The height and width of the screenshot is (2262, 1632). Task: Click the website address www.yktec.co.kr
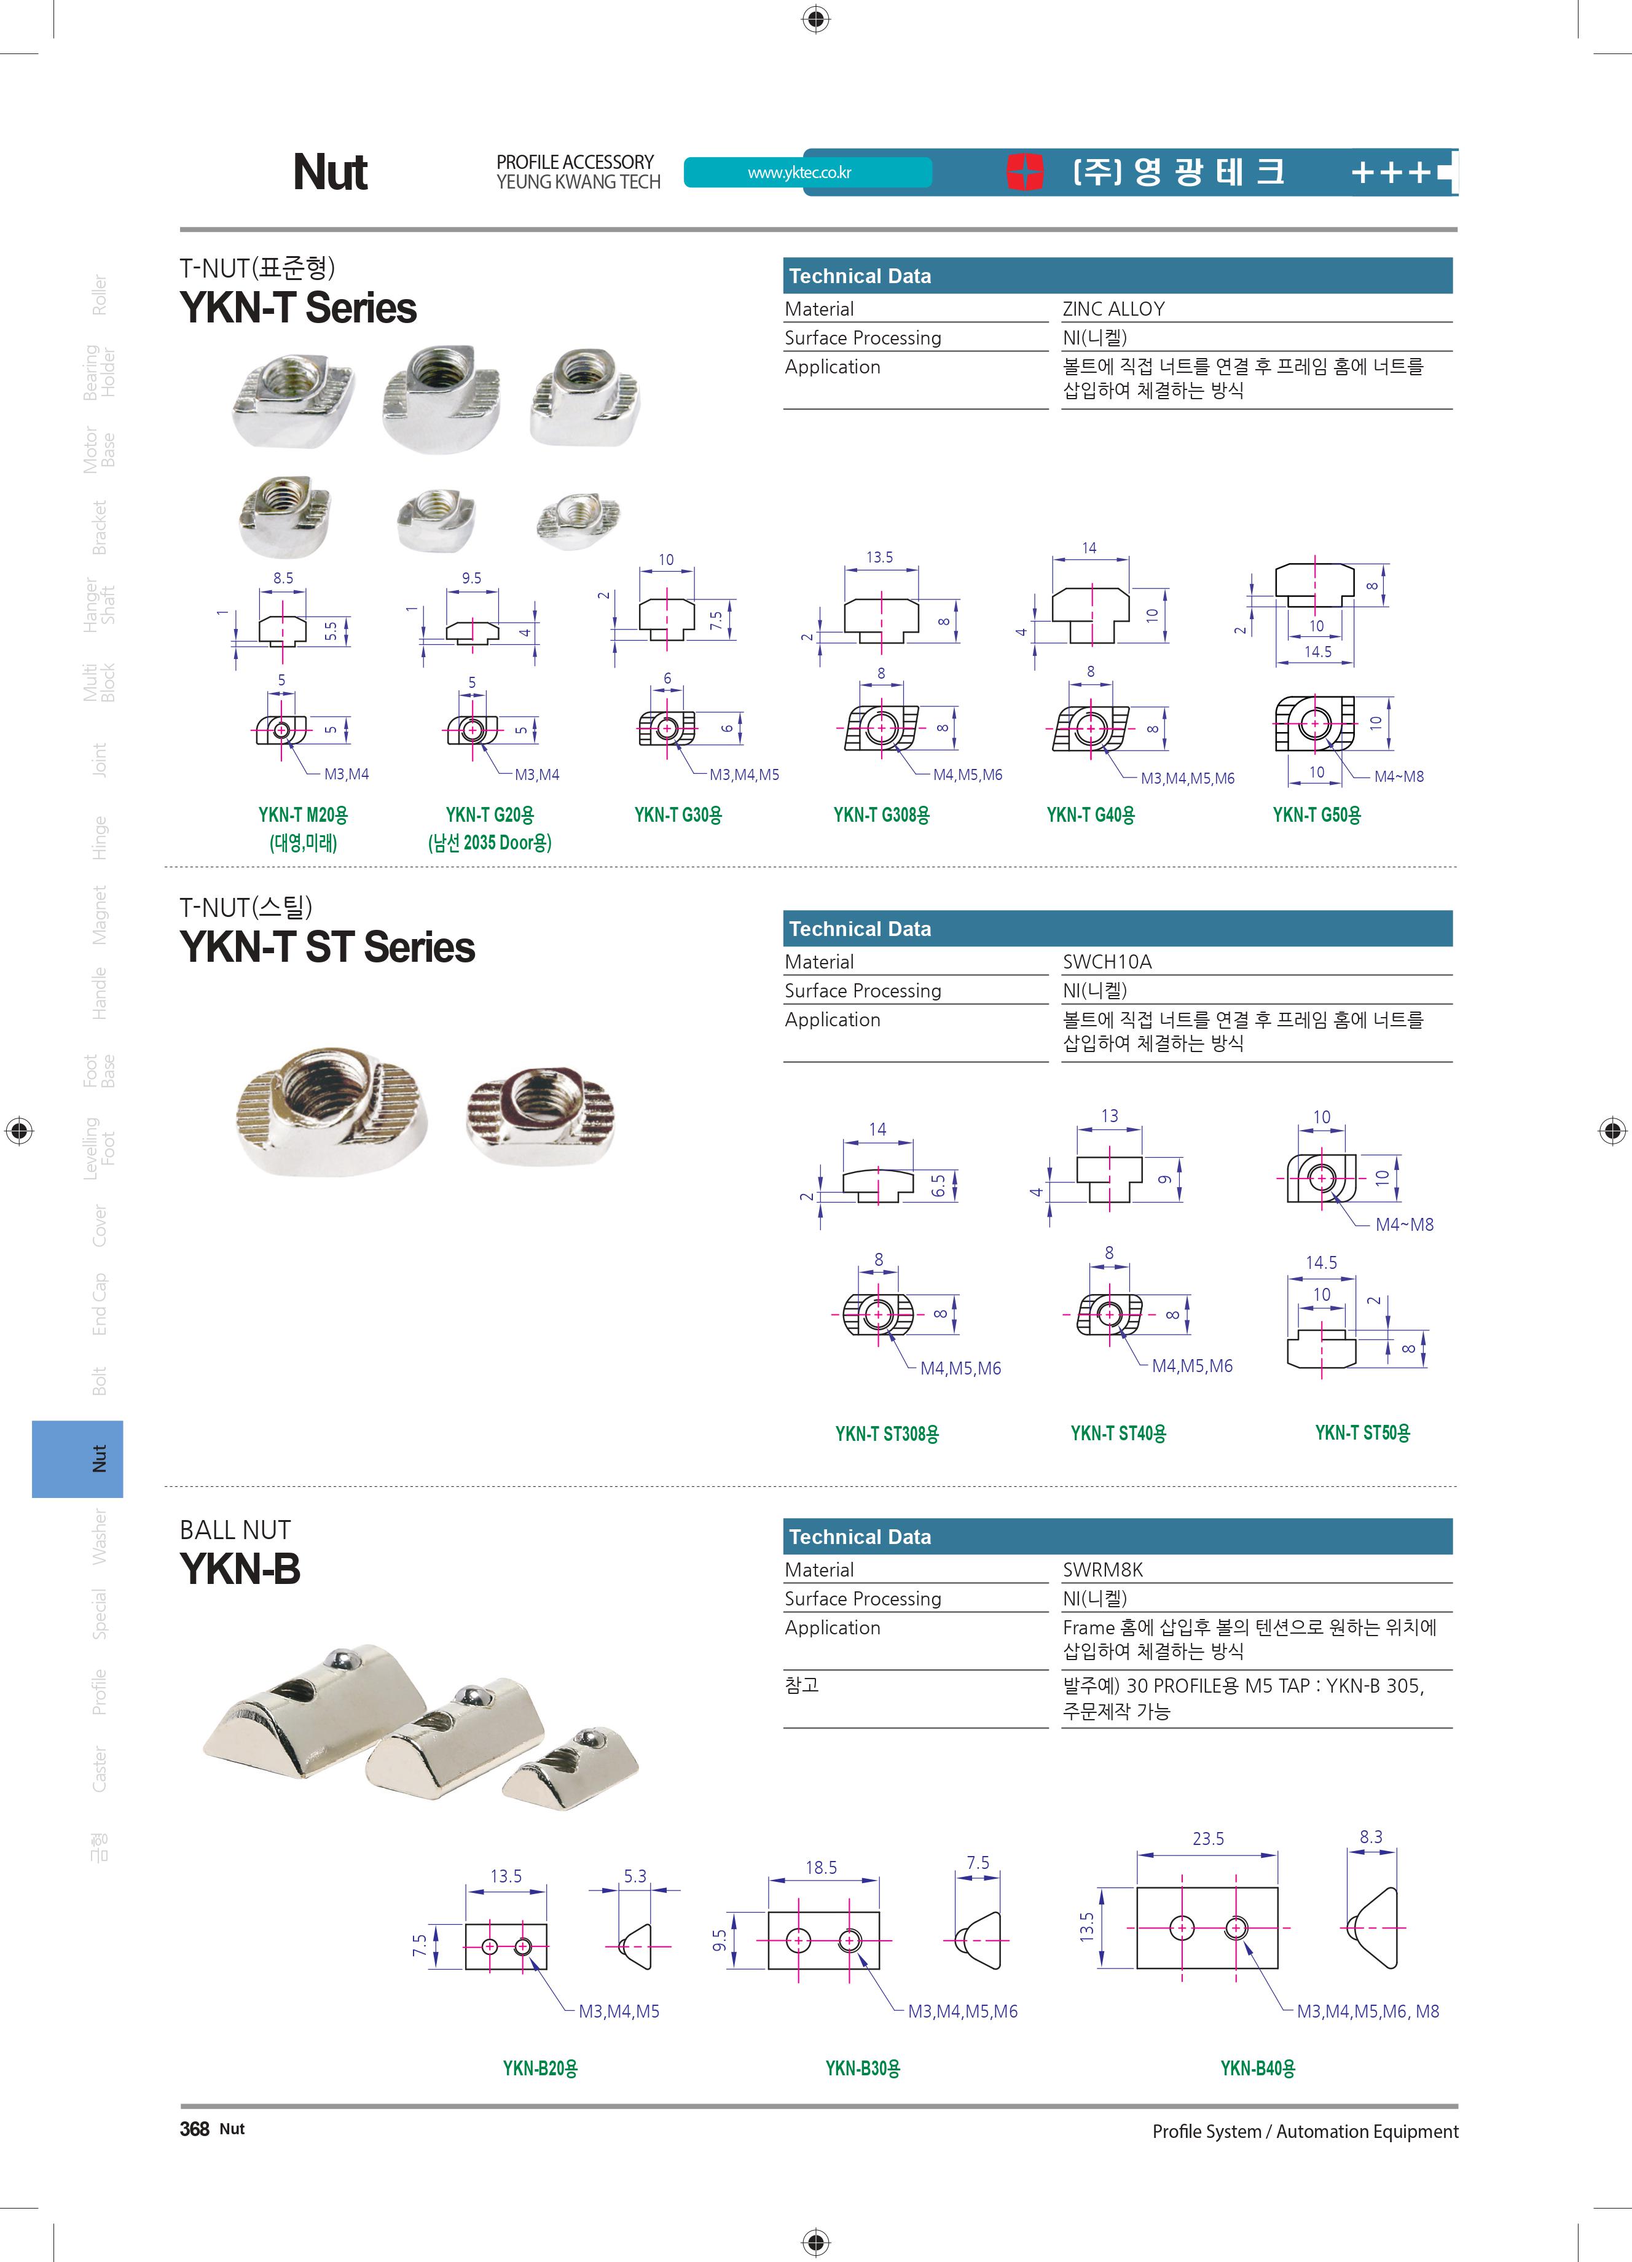point(799,173)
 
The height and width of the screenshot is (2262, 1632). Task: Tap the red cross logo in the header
point(1024,171)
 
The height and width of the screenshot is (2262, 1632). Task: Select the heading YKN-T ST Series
point(327,946)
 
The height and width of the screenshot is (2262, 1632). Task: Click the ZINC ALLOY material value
point(1113,309)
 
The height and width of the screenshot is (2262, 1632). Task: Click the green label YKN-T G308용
point(881,815)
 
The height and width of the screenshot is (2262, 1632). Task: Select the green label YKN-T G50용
point(1317,815)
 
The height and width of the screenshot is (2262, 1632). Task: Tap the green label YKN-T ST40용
point(1118,1433)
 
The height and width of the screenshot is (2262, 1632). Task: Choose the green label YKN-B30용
point(863,2069)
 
